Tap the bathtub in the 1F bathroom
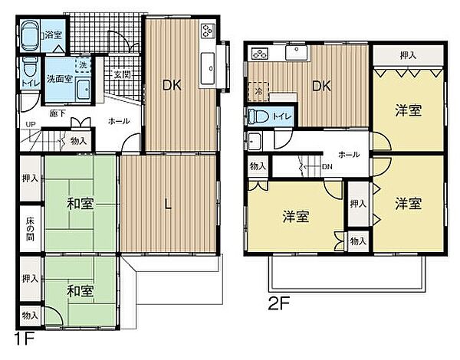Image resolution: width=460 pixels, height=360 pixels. (30, 34)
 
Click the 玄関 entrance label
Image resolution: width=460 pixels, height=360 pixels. (123, 74)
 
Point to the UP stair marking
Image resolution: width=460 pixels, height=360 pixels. (30, 124)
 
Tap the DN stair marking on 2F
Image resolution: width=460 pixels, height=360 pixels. (327, 166)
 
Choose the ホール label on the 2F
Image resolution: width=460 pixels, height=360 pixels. (348, 154)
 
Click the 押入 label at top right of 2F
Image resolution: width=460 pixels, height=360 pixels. (408, 55)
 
